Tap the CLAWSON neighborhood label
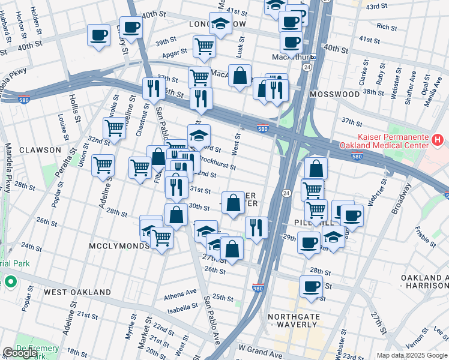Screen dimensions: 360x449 click(x=40, y=149)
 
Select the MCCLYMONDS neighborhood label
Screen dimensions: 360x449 click(x=119, y=246)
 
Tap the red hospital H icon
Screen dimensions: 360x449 click(x=438, y=140)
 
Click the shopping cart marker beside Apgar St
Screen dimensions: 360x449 click(x=205, y=45)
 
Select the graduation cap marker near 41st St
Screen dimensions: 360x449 click(x=221, y=23)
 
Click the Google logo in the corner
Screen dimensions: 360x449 click(x=20, y=353)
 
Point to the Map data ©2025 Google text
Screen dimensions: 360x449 click(x=412, y=355)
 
